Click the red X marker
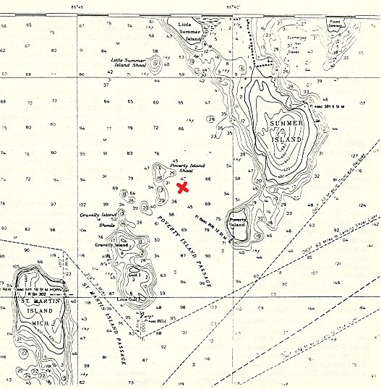[x=183, y=187]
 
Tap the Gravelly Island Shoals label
[x=98, y=219]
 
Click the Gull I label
[x=133, y=274]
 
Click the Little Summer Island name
[x=193, y=27]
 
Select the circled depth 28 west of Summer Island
[x=211, y=119]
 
